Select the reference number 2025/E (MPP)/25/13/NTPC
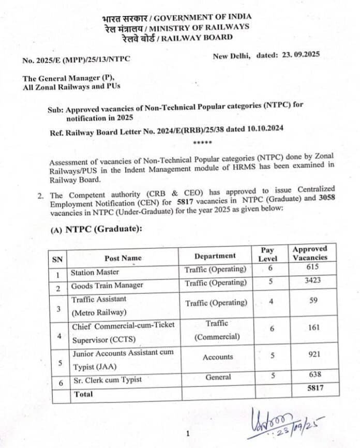click(76, 59)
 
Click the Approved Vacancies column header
click(310, 253)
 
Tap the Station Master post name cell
click(95, 272)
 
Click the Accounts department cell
click(218, 357)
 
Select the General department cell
click(218, 377)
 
